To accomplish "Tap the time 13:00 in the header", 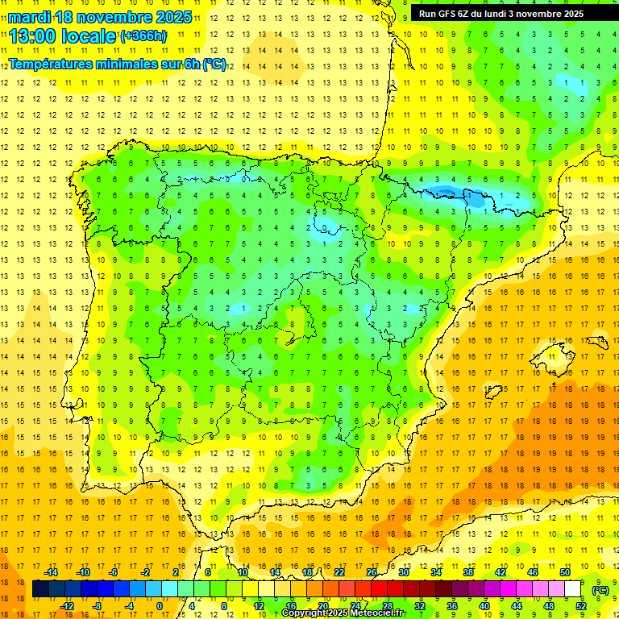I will pos(35,35).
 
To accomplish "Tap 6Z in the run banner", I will pos(467,14).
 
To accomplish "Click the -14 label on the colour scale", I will pos(52,572).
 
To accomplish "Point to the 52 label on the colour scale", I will pos(581,605).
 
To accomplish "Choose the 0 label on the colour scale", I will pos(160,605).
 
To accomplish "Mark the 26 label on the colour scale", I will pos(372,572).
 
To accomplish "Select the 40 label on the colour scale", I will pos(484,605).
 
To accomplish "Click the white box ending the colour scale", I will pos(573,589).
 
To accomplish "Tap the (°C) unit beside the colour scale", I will pos(600,589).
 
